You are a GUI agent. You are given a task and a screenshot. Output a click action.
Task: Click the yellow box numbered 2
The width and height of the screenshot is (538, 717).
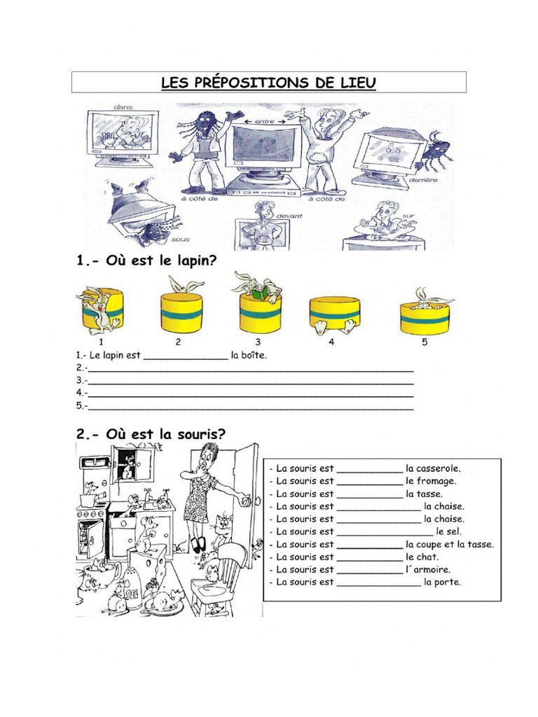(181, 313)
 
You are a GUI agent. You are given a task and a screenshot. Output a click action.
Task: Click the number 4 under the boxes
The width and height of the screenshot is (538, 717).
(331, 342)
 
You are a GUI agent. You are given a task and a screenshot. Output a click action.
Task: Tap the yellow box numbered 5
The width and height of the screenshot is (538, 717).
(424, 317)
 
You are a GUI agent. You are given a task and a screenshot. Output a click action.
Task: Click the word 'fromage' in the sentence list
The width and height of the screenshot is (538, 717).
(437, 481)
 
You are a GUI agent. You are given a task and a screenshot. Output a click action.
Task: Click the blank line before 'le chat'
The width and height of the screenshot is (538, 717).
(369, 557)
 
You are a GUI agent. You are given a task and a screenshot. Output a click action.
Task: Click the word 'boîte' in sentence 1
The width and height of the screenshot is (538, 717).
(254, 355)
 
